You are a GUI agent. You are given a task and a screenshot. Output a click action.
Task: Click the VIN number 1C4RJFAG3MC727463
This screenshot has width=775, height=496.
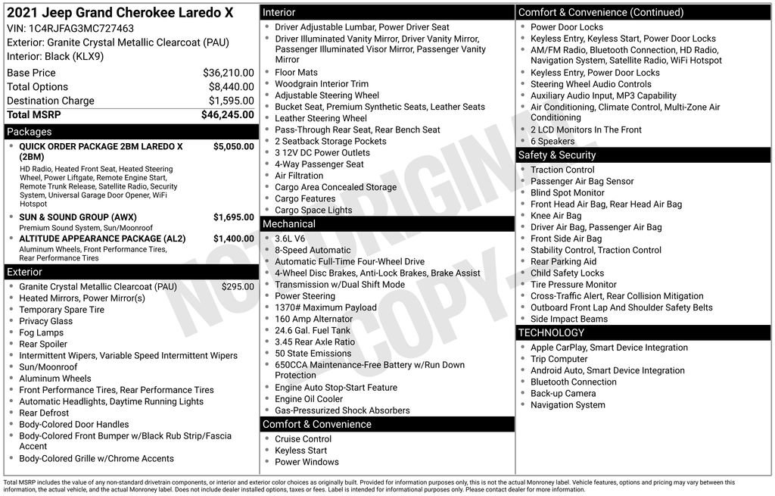click(81, 28)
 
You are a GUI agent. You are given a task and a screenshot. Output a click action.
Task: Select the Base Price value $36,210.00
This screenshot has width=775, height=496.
click(228, 73)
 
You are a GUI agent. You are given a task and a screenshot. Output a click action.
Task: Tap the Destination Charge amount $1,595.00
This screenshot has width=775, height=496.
click(231, 101)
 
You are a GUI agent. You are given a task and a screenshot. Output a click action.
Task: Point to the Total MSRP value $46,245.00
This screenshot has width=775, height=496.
click(227, 115)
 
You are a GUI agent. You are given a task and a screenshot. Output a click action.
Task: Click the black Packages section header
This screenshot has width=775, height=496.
click(130, 132)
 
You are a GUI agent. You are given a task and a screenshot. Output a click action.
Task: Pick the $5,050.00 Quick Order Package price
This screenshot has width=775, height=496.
click(233, 146)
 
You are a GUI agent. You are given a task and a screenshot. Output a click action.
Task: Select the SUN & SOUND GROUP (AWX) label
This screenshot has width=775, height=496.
click(78, 217)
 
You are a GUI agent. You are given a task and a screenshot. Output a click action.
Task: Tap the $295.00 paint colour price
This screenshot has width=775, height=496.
click(238, 287)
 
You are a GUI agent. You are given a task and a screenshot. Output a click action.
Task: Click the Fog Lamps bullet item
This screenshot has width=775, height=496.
click(41, 332)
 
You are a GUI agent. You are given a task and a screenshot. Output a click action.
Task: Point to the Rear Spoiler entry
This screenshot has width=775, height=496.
click(43, 344)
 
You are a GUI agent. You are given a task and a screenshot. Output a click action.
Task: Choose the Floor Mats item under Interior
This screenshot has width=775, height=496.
click(296, 73)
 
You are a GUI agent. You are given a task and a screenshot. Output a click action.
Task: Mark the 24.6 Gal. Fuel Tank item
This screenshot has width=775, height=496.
click(313, 330)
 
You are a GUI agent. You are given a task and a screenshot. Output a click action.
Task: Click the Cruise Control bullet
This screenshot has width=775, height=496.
click(303, 439)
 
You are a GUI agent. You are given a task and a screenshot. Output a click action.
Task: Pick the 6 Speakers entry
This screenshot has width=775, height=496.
click(552, 141)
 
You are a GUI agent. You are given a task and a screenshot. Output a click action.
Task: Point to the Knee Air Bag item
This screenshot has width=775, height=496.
click(556, 216)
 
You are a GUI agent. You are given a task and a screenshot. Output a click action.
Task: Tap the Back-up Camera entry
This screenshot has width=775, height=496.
click(563, 394)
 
